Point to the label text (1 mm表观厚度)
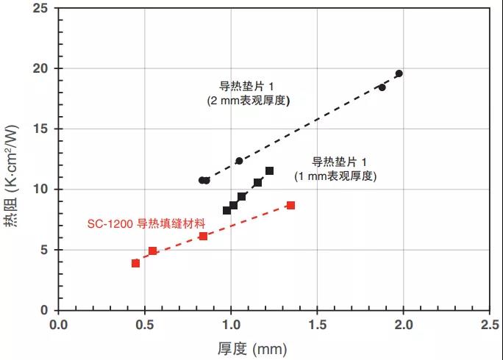pyautogui.click(x=335, y=176)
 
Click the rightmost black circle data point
pyautogui.click(x=399, y=73)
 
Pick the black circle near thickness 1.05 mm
pyautogui.click(x=239, y=161)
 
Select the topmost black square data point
pyautogui.click(x=270, y=171)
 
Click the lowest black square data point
pyautogui.click(x=226, y=210)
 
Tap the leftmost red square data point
pyautogui.click(x=136, y=263)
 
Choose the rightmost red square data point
pyautogui.click(x=290, y=206)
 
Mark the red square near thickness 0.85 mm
pyautogui.click(x=203, y=236)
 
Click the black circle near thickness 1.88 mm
pyautogui.click(x=382, y=87)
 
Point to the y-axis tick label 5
pyautogui.click(x=43, y=250)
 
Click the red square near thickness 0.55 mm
pyautogui.click(x=153, y=251)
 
